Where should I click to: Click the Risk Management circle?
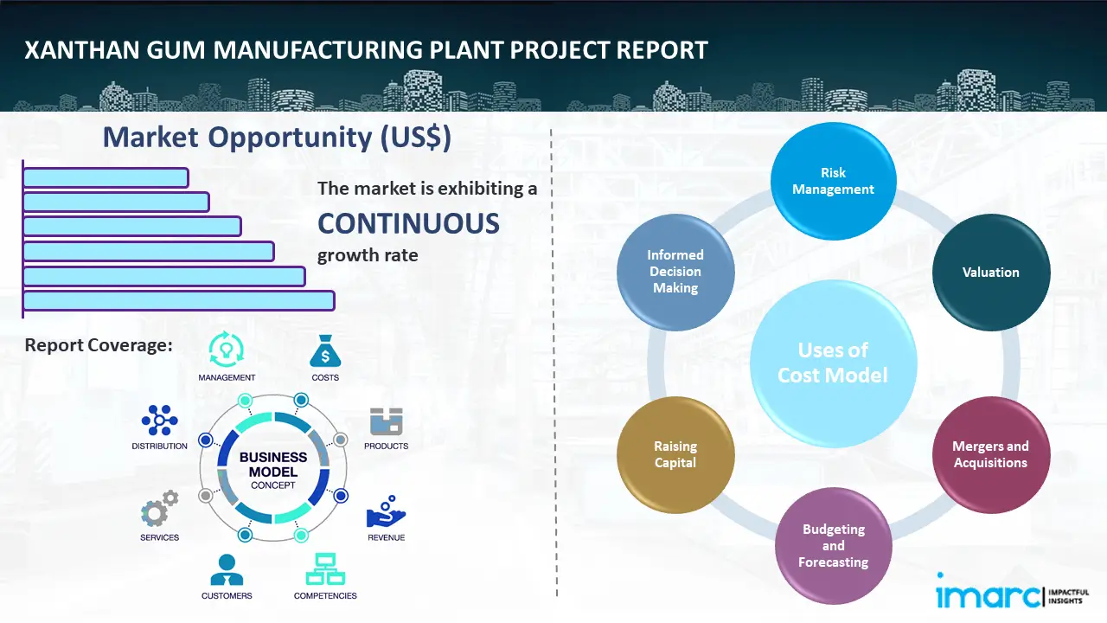click(833, 181)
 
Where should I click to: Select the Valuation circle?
click(991, 273)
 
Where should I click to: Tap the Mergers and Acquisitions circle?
click(991, 454)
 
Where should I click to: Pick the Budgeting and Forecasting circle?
click(833, 546)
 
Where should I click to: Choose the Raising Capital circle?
click(675, 454)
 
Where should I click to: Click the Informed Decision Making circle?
click(675, 272)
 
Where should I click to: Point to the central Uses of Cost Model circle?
click(833, 363)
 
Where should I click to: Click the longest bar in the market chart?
click(178, 300)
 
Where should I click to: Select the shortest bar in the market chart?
click(106, 177)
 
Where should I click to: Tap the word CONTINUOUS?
click(408, 224)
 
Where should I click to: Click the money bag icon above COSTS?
click(325, 351)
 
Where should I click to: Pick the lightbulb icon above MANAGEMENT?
click(227, 350)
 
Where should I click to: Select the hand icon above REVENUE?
click(386, 512)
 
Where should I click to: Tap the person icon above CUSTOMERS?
click(227, 569)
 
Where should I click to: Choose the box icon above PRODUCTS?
click(386, 421)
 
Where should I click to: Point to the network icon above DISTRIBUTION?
click(159, 421)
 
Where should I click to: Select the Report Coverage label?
click(99, 345)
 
